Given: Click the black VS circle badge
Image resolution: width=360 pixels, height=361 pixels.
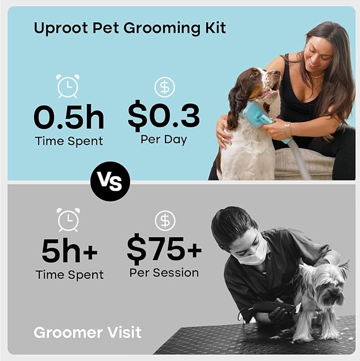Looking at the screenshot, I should tap(110, 181).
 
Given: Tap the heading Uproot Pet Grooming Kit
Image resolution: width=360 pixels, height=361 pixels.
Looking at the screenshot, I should tap(130, 28).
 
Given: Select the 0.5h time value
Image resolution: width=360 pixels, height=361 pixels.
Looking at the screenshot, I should tap(69, 118).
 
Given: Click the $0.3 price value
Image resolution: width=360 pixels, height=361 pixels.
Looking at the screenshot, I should tap(164, 117).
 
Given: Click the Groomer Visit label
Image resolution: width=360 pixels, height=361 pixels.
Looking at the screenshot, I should tap(87, 333).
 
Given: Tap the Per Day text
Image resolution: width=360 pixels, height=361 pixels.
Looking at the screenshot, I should tap(164, 140).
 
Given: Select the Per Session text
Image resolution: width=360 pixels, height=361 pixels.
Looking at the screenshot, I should tap(164, 273).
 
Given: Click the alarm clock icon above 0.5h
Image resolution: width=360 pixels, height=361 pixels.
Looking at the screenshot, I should tap(68, 86).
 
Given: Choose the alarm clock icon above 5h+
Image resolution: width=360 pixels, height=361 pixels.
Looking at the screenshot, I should tap(68, 219).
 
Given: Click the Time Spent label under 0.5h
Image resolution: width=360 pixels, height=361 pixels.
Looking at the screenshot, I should tap(69, 141).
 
